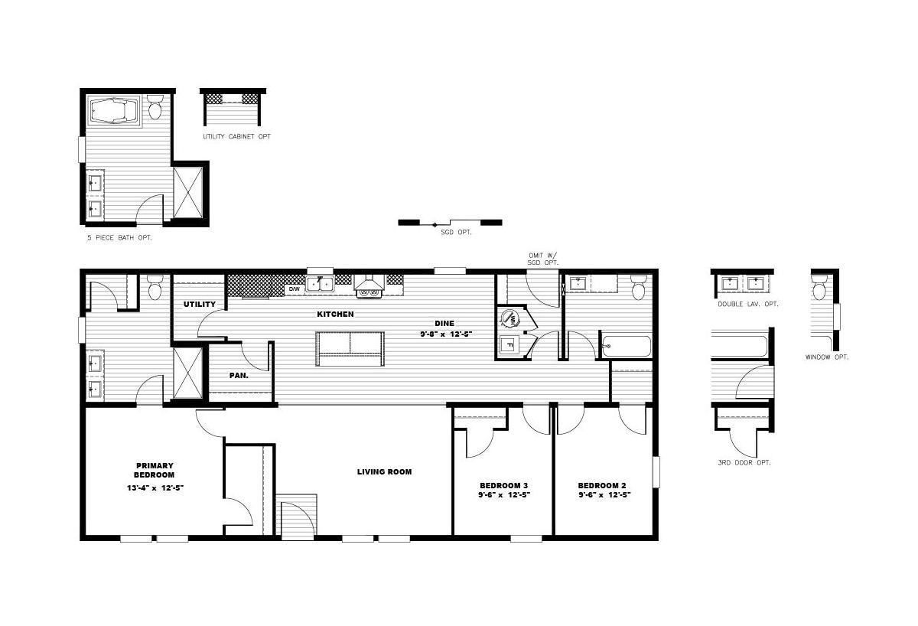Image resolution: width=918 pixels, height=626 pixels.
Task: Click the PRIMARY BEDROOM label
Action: [155, 470]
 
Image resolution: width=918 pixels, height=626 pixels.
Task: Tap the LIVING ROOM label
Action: [384, 472]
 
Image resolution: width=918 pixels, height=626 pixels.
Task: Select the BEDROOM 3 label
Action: [504, 485]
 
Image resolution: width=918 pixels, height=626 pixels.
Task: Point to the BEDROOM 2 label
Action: [602, 485]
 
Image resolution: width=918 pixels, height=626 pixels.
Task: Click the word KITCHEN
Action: [335, 314]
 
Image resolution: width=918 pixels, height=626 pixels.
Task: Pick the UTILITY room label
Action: [200, 304]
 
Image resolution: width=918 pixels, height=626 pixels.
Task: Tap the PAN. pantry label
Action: [239, 376]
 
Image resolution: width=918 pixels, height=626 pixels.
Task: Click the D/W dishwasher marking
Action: [295, 289]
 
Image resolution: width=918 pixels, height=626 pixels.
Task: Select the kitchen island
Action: [350, 349]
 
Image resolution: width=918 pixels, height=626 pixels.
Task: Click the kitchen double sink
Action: [320, 283]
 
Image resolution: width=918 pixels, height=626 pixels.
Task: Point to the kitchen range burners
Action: [369, 292]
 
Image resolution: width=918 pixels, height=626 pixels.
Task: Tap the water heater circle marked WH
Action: [509, 318]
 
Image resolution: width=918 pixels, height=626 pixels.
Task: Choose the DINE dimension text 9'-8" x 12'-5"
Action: [446, 334]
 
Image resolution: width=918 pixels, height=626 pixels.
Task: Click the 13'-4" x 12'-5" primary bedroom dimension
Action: [155, 487]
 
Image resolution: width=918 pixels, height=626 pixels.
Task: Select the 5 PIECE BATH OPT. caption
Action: [119, 238]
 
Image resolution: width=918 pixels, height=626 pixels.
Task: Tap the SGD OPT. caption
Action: [456, 232]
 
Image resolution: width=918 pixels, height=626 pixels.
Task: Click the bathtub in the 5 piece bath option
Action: [113, 110]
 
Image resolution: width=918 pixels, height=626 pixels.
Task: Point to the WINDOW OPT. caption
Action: [827, 357]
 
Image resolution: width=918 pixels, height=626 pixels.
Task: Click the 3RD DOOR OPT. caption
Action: [744, 462]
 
